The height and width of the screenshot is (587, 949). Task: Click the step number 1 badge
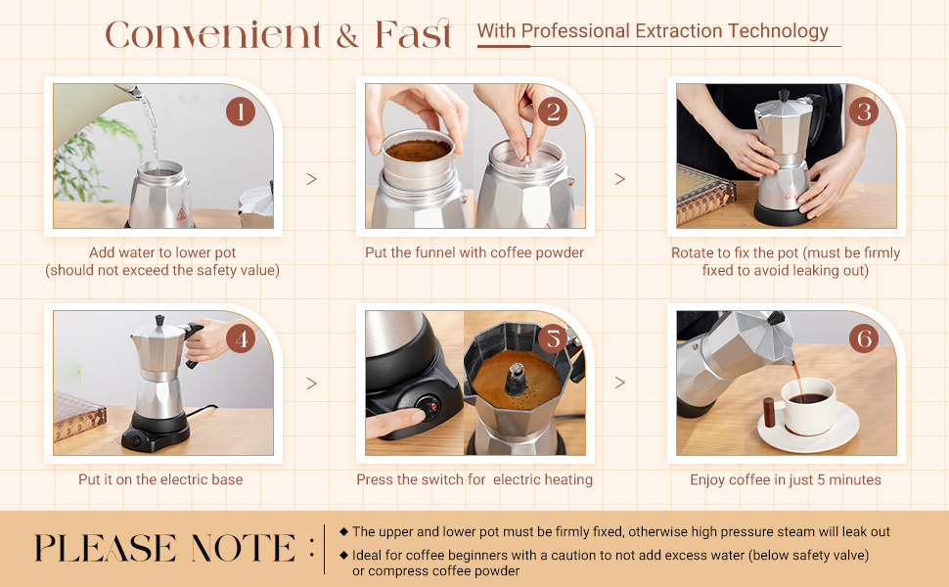tap(241, 112)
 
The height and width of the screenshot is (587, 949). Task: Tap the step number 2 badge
tap(553, 112)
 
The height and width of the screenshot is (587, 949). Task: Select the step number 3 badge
tap(864, 112)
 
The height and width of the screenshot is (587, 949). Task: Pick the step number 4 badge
tap(241, 339)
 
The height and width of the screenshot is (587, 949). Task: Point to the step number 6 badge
tap(864, 339)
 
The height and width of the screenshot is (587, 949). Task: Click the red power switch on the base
tap(432, 405)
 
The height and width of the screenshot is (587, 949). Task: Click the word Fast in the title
tap(414, 34)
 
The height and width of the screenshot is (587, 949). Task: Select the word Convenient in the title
tap(212, 35)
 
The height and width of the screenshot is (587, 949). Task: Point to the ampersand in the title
tap(347, 36)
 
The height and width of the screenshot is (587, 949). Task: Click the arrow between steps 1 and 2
tap(312, 179)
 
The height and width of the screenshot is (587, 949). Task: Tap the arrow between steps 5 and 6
tap(619, 383)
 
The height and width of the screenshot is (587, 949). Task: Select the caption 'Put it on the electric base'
tap(160, 480)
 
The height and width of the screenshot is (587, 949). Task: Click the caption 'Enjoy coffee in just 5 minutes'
tap(786, 480)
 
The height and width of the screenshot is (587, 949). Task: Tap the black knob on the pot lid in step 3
tap(784, 96)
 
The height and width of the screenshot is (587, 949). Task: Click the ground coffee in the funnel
tap(418, 150)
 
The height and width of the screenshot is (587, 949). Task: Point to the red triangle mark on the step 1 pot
tap(182, 214)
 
